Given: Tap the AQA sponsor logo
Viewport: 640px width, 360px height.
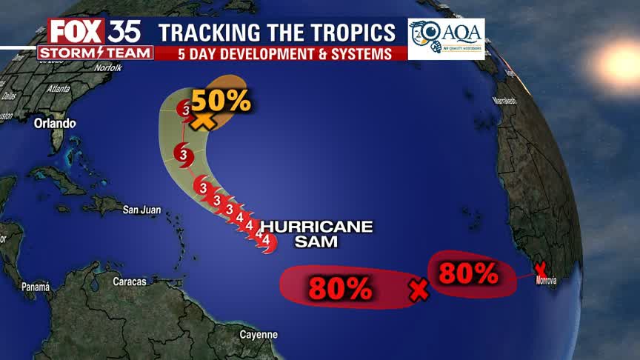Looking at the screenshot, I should pyautogui.click(x=446, y=39).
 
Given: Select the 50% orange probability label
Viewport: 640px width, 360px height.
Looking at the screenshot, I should pyautogui.click(x=221, y=100).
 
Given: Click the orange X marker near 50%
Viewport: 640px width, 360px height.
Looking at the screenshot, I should pyautogui.click(x=202, y=119).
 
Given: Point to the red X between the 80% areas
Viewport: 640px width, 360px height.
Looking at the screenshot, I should pyautogui.click(x=419, y=290).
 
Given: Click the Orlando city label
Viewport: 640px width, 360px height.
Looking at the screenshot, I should pyautogui.click(x=54, y=123).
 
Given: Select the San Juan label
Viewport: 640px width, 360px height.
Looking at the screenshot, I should pyautogui.click(x=141, y=210).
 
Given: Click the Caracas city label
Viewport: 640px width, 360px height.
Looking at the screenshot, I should pyautogui.click(x=130, y=281).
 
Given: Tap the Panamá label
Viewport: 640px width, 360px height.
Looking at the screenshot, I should pyautogui.click(x=35, y=287).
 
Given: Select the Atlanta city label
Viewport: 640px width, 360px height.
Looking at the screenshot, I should pyautogui.click(x=58, y=88).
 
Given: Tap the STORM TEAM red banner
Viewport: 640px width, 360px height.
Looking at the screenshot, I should pyautogui.click(x=95, y=53).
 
